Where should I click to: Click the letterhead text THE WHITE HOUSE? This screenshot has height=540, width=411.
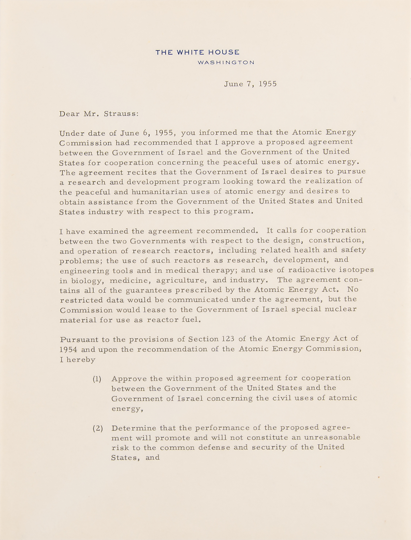coord(197,52)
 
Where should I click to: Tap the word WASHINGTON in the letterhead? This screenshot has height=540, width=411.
coord(226,63)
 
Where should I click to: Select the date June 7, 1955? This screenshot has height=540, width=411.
coord(250,84)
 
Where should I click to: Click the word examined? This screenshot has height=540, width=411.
coord(108,231)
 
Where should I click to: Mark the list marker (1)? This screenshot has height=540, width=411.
coord(97,379)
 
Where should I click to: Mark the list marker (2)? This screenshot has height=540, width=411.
coord(98,428)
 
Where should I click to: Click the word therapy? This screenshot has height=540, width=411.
coord(220,271)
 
